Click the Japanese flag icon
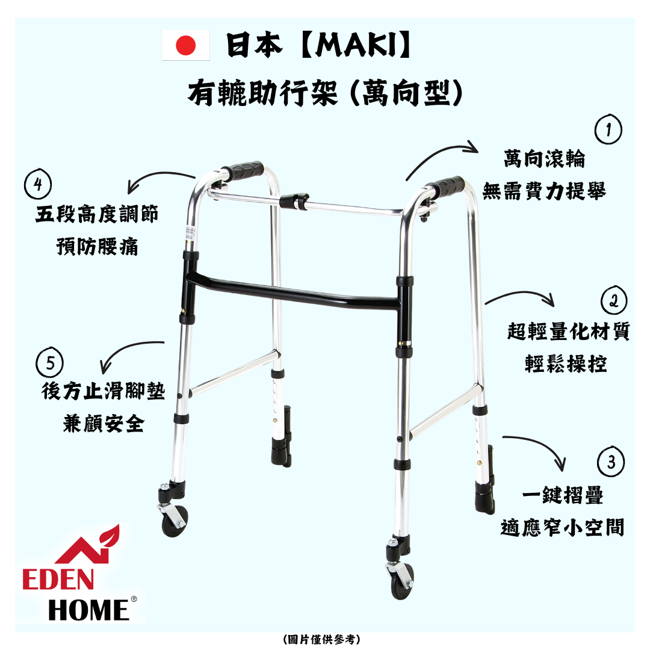coord(185,46)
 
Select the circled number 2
coord(614,301)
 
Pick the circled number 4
coord(38,185)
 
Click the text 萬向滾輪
coord(544,159)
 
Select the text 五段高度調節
coord(97,215)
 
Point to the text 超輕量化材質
coord(568,332)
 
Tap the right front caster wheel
coord(403,584)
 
